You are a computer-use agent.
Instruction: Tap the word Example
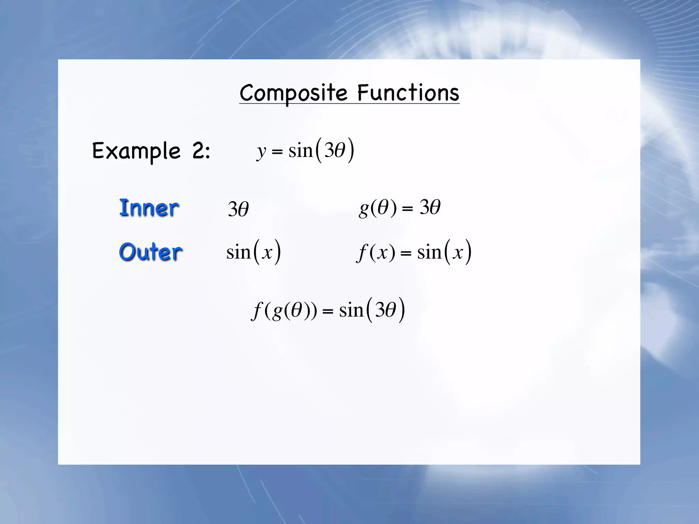pos(136,151)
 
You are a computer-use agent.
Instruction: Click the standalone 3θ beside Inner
pos(238,209)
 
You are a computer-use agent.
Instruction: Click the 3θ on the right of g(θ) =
pos(430,207)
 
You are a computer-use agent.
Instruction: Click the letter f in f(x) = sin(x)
pos(361,253)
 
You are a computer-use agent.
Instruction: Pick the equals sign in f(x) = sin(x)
pos(406,253)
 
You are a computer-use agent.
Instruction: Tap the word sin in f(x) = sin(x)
pos(429,252)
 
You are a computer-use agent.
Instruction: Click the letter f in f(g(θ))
pos(257,311)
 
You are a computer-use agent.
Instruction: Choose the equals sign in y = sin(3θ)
pos(277,151)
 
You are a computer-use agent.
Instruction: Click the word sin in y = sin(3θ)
pos(300,150)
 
